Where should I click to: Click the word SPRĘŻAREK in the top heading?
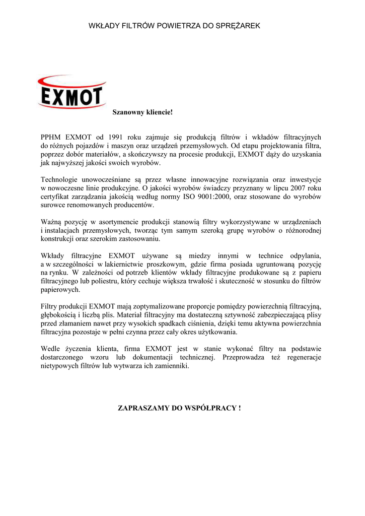tap(238, 25)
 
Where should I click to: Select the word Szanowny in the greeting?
tap(125, 111)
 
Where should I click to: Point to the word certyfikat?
tap(55, 197)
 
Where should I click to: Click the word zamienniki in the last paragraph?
tap(173, 366)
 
